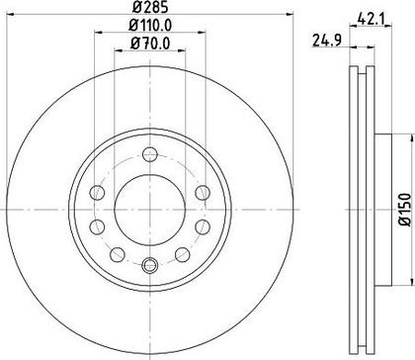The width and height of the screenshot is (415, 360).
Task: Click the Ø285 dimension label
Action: point(150,7)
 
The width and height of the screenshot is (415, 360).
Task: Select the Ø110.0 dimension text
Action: point(150,26)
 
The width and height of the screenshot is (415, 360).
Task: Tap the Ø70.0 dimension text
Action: point(150,44)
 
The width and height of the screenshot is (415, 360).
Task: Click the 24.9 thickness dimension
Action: point(327,41)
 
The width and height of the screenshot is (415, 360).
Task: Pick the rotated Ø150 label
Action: point(405,210)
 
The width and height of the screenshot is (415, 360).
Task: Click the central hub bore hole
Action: point(150,210)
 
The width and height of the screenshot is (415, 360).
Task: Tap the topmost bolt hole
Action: point(150,154)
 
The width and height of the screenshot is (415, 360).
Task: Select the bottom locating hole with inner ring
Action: point(150,265)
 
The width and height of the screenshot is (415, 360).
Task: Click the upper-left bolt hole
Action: point(97,193)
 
